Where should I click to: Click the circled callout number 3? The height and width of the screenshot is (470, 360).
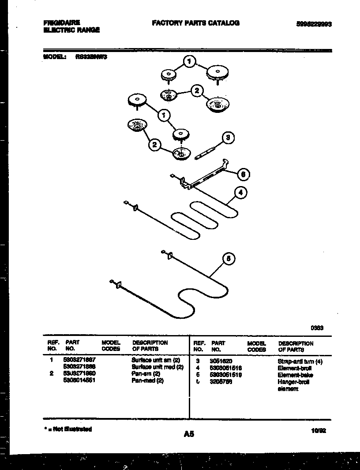click(x=228, y=138)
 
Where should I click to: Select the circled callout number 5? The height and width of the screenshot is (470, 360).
click(x=228, y=259)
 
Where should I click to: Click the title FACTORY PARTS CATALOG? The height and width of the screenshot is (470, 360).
click(x=195, y=23)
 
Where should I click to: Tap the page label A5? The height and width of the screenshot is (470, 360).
click(x=189, y=434)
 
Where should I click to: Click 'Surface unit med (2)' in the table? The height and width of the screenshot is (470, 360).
click(x=157, y=367)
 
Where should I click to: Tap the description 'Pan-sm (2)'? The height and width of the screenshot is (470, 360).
click(x=146, y=373)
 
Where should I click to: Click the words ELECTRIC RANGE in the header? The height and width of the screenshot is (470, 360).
click(x=71, y=30)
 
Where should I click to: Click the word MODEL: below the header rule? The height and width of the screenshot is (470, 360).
click(x=55, y=57)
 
